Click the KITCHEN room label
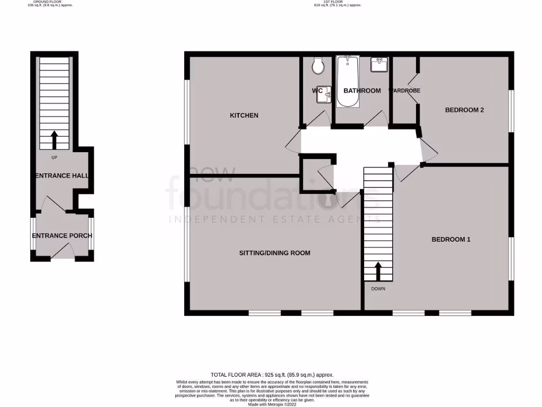coord(243,115)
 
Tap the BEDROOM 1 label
coord(451,240)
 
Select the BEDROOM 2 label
coord(465,110)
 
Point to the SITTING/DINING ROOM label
coord(274,253)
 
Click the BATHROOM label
coord(362,91)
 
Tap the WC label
coord(317,91)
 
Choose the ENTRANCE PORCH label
coord(62,236)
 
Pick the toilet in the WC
coord(318,66)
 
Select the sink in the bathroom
coord(379,65)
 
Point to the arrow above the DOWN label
coord(378,271)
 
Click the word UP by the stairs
coord(54,158)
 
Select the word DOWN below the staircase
coord(378,289)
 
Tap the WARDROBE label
coord(405,91)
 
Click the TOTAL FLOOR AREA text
coord(272,374)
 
